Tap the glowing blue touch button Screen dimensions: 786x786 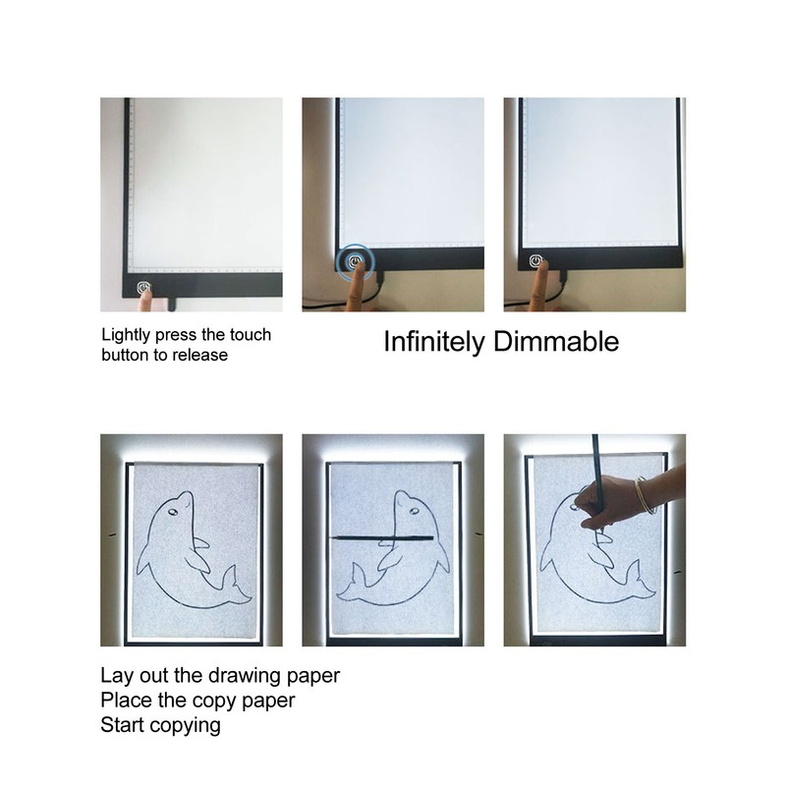click(x=352, y=262)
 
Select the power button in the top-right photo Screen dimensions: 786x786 click(x=535, y=262)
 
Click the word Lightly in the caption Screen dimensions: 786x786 click(x=127, y=335)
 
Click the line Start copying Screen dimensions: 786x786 click(x=160, y=726)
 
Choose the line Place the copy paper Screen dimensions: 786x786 click(x=197, y=701)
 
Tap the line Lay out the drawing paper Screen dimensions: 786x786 click(x=220, y=676)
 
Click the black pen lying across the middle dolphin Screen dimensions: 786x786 click(x=393, y=536)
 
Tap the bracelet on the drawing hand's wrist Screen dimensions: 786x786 click(x=645, y=492)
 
